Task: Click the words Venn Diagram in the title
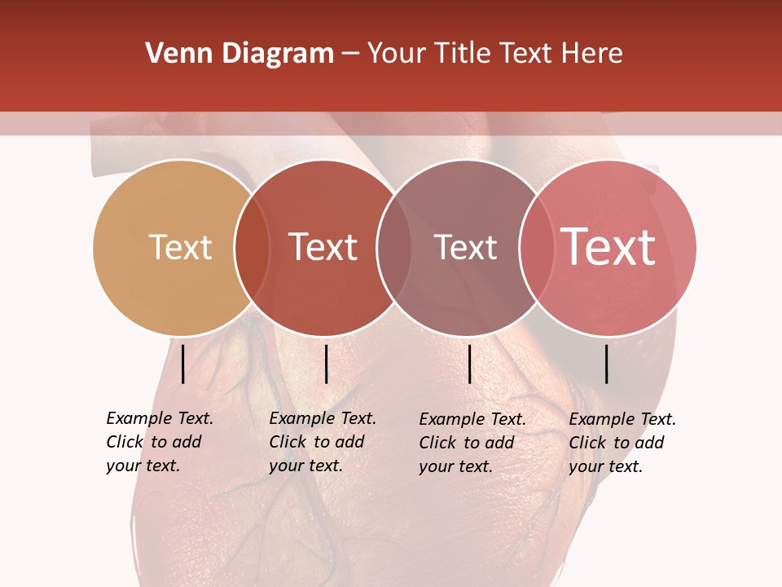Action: [239, 54]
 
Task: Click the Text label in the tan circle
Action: [180, 247]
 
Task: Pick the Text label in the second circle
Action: [323, 247]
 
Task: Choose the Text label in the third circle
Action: [465, 247]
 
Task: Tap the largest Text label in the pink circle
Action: [608, 246]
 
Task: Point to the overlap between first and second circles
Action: [252, 247]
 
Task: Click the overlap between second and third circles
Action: [394, 247]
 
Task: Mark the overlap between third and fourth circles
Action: [536, 247]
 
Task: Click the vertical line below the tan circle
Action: [182, 364]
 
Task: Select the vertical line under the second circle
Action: [326, 364]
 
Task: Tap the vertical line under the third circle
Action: [469, 364]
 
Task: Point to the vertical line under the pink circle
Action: [607, 364]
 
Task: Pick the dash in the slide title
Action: [350, 55]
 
